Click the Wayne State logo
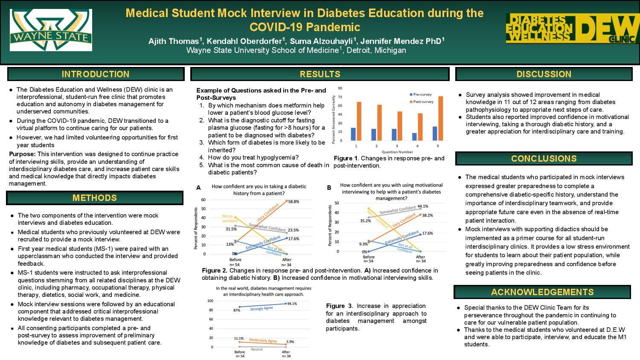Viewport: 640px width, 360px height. pos(51,30)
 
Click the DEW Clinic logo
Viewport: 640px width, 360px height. pos(570,29)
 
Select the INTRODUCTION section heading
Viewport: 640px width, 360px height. pos(96,74)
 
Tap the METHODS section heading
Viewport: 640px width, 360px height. pos(94,198)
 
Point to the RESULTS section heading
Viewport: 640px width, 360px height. pos(320,74)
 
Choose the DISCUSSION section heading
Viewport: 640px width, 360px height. pos(544,74)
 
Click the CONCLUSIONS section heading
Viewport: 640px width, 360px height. pos(544,159)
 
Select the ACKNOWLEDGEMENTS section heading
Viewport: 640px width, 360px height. pos(542,292)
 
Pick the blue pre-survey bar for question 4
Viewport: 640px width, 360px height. pos(414,136)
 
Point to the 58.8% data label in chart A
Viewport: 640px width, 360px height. pos(294,201)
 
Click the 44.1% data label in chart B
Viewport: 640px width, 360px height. pos(423,206)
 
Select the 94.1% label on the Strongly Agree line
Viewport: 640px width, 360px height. pos(292,304)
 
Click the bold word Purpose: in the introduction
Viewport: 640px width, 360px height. pos(22,154)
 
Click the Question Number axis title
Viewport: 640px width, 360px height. pos(397,152)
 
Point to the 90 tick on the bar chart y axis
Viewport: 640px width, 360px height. pos(340,88)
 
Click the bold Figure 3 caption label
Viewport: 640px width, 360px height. pos(339,306)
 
